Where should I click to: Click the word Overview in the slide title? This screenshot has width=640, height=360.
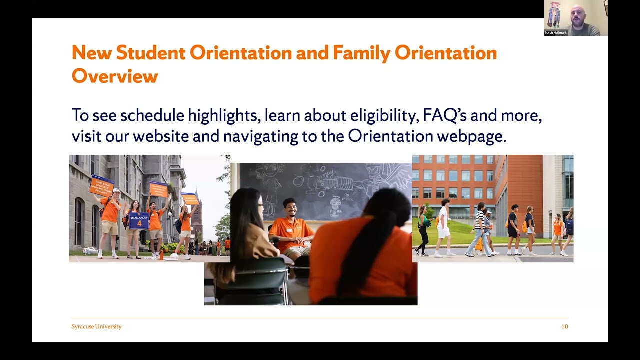pyautogui.click(x=114, y=76)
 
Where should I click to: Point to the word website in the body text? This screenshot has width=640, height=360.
pyautogui.click(x=161, y=136)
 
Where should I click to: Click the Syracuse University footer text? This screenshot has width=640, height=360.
pyautogui.click(x=96, y=326)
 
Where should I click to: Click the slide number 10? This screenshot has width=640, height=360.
pyautogui.click(x=564, y=326)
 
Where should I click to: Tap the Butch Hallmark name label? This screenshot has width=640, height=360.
pyautogui.click(x=556, y=33)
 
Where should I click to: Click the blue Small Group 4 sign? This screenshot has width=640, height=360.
pyautogui.click(x=139, y=220)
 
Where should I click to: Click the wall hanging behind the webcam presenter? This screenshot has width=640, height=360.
pyautogui.click(x=553, y=15)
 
